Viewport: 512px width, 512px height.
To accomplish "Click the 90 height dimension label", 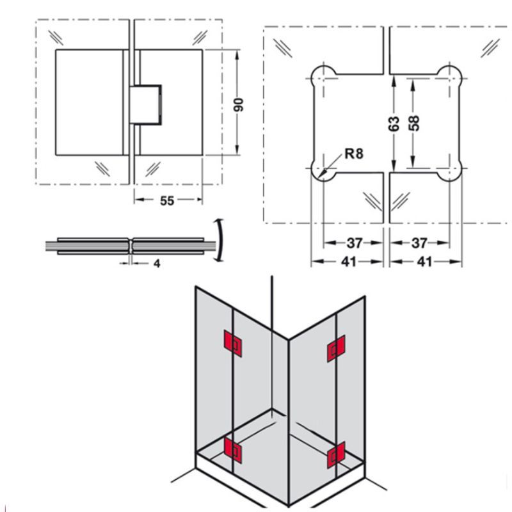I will (x=239, y=104).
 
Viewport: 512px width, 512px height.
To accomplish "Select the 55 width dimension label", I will (x=167, y=201).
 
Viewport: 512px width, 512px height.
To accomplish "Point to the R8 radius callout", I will (x=353, y=154).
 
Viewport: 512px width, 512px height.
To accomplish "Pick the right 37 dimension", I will (x=419, y=243).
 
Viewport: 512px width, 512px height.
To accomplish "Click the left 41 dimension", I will (x=348, y=262).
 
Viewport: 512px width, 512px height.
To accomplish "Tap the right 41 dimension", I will (x=424, y=262).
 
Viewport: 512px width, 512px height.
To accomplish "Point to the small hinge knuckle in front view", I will (x=146, y=104).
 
